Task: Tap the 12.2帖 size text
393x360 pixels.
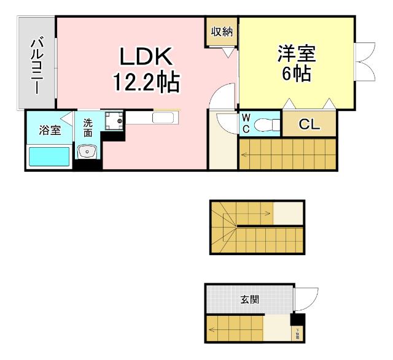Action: [x=146, y=81]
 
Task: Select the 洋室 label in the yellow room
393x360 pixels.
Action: [x=296, y=54]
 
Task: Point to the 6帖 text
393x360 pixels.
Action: [x=296, y=75]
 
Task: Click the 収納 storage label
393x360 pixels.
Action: [x=222, y=32]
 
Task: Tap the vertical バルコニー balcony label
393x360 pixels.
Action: [x=37, y=64]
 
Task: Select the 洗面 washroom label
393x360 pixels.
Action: [x=88, y=127]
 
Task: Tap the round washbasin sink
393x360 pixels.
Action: [x=87, y=150]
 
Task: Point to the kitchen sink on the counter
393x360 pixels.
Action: [x=164, y=118]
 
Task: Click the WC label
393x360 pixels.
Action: [x=245, y=123]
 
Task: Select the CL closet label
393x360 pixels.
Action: [x=309, y=124]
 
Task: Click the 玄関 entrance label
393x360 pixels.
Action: [x=249, y=300]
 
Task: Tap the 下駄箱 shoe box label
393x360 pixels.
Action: [x=297, y=334]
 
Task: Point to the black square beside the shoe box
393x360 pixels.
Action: [x=297, y=320]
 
